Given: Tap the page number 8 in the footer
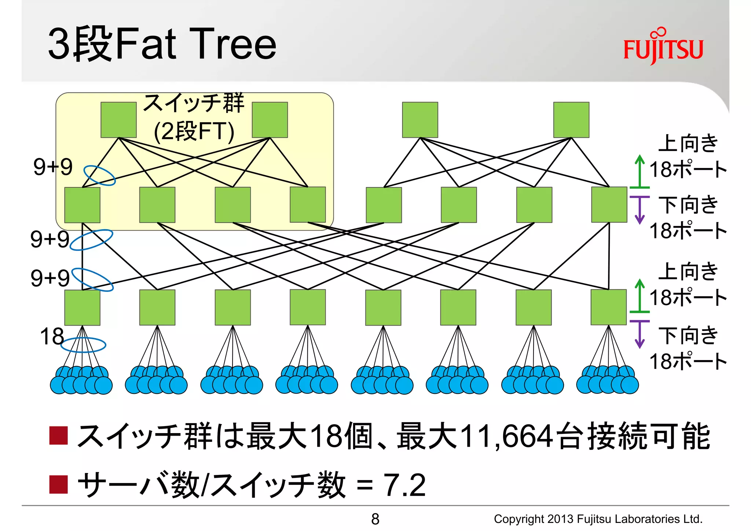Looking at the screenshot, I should [375, 519].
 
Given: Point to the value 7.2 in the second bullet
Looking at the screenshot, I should [404, 485].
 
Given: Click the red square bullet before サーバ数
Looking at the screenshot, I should [58, 484].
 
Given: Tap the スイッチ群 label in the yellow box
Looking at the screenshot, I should [194, 103].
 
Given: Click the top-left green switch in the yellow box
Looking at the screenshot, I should [118, 120].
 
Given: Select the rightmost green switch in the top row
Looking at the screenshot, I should [571, 120].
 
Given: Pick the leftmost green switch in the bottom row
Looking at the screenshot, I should [82, 307].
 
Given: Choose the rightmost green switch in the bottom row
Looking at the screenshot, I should [608, 307].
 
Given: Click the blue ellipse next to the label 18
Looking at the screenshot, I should [83, 345].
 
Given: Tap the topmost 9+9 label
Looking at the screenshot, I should [53, 167].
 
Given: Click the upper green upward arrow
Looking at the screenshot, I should [640, 171].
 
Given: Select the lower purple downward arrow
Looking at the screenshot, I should [640, 334].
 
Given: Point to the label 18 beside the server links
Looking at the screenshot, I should [52, 336].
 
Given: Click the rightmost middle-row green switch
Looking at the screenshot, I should [609, 205].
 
